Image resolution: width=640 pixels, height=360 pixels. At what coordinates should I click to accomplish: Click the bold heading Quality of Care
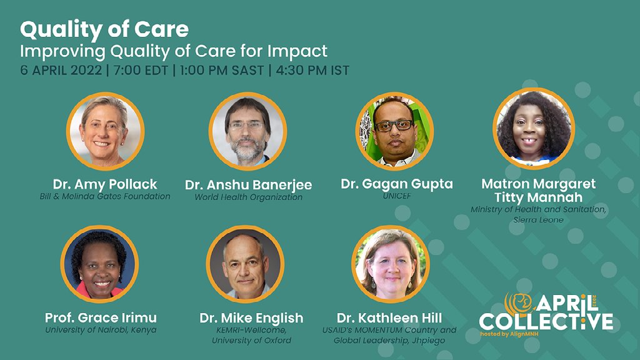coord(104,29)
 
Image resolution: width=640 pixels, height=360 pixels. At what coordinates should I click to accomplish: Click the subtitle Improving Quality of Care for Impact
coord(174,51)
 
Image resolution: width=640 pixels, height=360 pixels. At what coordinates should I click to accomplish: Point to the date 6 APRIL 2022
coord(61,70)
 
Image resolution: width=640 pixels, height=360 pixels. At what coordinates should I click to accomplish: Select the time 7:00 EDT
coord(139,70)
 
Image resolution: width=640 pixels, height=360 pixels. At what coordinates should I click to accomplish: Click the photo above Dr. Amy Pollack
coord(105,131)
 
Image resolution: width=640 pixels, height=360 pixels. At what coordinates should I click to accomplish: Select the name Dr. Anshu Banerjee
coord(248,185)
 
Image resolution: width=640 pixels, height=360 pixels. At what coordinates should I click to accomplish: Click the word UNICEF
coord(397,196)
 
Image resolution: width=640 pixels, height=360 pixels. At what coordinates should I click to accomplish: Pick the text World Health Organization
coord(248,197)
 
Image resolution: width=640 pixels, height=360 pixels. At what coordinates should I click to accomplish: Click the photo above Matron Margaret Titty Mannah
coord(532,128)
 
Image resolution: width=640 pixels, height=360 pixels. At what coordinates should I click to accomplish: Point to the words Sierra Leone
coord(538,220)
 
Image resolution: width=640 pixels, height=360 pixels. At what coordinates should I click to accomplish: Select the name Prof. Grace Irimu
coord(101,317)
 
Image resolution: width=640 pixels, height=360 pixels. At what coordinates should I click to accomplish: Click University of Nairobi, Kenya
coord(101,330)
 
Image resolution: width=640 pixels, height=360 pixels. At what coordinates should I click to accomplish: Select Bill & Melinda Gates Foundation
coord(105,196)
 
